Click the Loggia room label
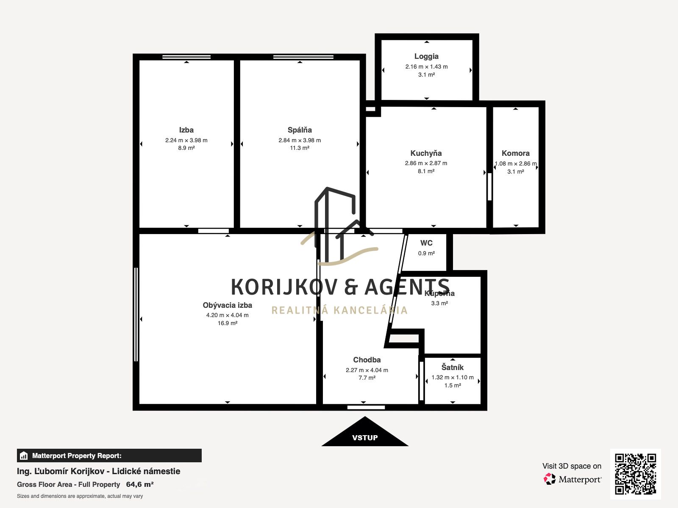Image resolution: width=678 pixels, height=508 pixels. click(x=426, y=56)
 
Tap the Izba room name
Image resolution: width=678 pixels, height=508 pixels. click(x=186, y=130)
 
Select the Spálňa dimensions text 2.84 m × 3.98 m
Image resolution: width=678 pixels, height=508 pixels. click(x=300, y=141)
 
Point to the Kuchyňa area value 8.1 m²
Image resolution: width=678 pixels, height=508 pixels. click(x=426, y=171)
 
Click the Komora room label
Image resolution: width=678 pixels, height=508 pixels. click(x=516, y=153)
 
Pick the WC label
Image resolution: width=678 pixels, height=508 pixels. click(x=426, y=243)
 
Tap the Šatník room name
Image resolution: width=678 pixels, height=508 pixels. click(x=453, y=367)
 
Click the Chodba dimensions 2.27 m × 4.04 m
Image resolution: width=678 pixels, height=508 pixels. click(x=367, y=370)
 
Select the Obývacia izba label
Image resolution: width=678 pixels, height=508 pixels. click(x=227, y=305)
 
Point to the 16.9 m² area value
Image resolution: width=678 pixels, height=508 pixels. click(x=227, y=323)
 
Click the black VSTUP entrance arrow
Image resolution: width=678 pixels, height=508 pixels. click(x=365, y=432)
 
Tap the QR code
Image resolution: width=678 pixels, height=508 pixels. click(x=635, y=474)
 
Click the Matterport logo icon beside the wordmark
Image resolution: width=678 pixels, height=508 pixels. click(x=550, y=479)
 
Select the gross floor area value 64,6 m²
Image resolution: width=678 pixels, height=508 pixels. click(x=140, y=485)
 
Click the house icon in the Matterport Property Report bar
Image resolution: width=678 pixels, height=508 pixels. click(x=24, y=456)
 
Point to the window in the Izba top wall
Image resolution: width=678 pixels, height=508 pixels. click(x=186, y=57)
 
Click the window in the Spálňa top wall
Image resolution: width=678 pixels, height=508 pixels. click(x=303, y=57)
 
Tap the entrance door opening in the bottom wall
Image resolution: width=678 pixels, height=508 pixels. click(x=366, y=407)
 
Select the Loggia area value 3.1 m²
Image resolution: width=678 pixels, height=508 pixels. click(x=427, y=75)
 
